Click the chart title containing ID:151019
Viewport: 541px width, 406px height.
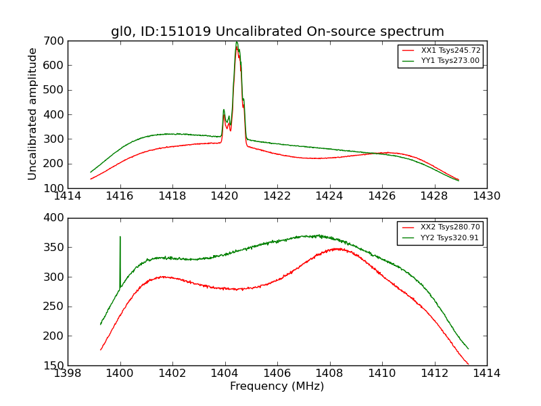[x=277, y=32]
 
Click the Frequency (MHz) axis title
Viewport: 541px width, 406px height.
[x=277, y=386]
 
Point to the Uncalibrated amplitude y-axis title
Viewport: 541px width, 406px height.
[x=32, y=114]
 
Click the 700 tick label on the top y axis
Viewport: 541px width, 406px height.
[x=55, y=41]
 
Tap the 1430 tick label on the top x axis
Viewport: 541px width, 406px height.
[x=486, y=196]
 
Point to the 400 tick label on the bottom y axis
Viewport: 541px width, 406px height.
[x=55, y=218]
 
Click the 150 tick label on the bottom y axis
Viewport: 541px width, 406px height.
[x=55, y=365]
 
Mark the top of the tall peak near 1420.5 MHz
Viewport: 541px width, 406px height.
[x=237, y=42]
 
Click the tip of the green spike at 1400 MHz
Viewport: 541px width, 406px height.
[x=120, y=236]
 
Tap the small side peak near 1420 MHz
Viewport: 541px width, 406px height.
[x=224, y=110]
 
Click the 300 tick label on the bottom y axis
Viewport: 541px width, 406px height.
[x=55, y=277]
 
